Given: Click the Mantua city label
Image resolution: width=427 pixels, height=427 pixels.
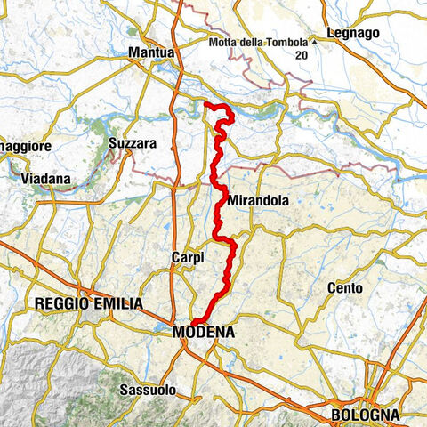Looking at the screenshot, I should (151, 53).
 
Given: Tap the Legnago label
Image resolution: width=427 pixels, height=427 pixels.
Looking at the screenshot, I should (353, 33).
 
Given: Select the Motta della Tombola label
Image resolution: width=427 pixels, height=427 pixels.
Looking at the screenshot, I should (259, 43).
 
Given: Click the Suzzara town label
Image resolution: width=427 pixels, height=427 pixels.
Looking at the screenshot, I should (132, 142).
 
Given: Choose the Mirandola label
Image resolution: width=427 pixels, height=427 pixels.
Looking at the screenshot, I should (258, 201).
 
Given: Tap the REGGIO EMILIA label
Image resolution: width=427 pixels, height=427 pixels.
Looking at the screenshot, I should (88, 303).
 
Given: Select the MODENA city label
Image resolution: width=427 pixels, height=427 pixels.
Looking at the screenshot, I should (204, 332).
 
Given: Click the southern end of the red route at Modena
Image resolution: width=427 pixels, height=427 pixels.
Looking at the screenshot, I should (194, 322).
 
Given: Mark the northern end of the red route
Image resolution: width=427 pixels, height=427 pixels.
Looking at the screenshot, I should (206, 105).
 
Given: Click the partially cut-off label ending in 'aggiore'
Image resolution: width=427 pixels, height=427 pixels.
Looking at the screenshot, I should (26, 145).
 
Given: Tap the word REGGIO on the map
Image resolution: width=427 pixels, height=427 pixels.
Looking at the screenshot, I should (60, 303).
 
